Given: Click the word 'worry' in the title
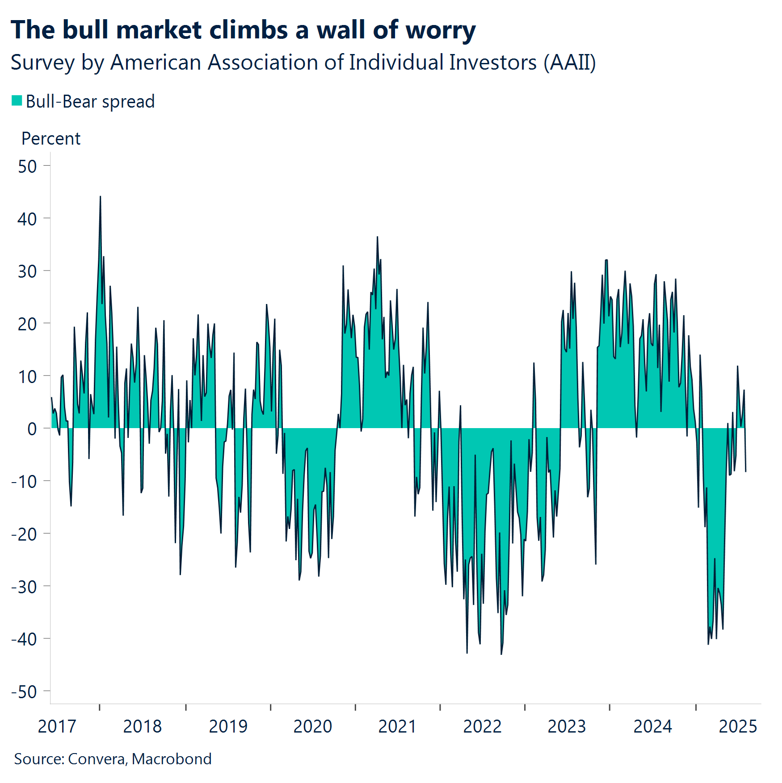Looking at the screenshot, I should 441,30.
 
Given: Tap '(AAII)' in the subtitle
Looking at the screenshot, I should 569,62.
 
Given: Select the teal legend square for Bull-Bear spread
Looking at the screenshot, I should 17,101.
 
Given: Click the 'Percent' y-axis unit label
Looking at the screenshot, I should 51,139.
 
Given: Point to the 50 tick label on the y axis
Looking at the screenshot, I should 27,167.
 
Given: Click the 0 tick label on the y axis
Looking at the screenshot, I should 32,429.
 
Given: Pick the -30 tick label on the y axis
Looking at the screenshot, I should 24,587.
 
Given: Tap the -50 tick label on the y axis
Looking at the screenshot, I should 24,692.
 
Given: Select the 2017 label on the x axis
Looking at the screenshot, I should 57,726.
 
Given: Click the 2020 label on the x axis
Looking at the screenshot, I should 312,726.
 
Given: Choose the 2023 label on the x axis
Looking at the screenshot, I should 567,726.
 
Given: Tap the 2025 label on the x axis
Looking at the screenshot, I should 738,726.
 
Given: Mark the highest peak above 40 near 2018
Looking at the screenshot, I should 100,196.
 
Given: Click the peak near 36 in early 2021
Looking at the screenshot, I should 377,237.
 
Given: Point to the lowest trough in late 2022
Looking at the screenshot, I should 501,654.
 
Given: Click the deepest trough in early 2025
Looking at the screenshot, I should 708,644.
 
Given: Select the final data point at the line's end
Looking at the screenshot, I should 745,471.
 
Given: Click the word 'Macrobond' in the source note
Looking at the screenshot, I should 172,759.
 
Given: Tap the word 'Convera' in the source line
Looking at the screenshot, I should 97,759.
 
